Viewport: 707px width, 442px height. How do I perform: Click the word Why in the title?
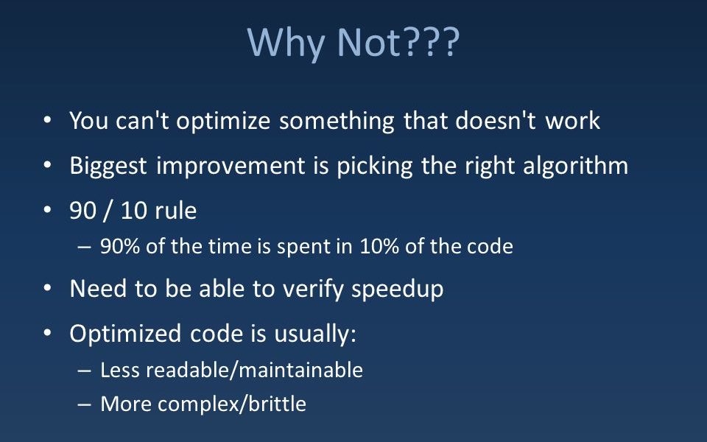tap(286, 43)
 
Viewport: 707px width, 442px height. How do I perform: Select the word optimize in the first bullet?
tap(223, 122)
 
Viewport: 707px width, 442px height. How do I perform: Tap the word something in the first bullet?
tap(337, 122)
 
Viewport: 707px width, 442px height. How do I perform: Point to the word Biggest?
tap(108, 166)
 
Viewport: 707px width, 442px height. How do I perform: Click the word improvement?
tap(231, 166)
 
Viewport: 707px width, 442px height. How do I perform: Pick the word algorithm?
tap(575, 166)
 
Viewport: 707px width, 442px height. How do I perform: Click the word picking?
tap(375, 166)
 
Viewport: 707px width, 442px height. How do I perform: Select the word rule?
tap(175, 211)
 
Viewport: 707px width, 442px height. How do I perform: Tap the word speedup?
tap(397, 289)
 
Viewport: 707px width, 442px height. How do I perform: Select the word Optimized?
tap(125, 334)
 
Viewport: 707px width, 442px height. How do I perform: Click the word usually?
tap(315, 334)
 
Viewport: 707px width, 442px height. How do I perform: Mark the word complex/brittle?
tap(232, 404)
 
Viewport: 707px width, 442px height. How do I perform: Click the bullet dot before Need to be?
tap(47, 288)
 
